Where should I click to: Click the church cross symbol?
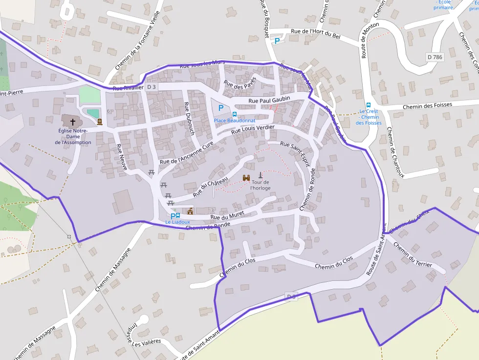73,122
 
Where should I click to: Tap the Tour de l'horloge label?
260,185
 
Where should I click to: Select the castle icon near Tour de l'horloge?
246,178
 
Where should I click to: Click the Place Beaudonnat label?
235,120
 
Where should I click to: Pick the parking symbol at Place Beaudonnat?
221,108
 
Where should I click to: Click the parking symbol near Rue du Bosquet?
277,42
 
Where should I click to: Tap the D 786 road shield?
435,57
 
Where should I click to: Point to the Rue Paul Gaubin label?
269,99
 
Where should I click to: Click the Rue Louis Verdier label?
253,129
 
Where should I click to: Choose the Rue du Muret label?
227,214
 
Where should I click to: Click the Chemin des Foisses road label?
427,105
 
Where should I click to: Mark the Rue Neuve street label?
122,157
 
